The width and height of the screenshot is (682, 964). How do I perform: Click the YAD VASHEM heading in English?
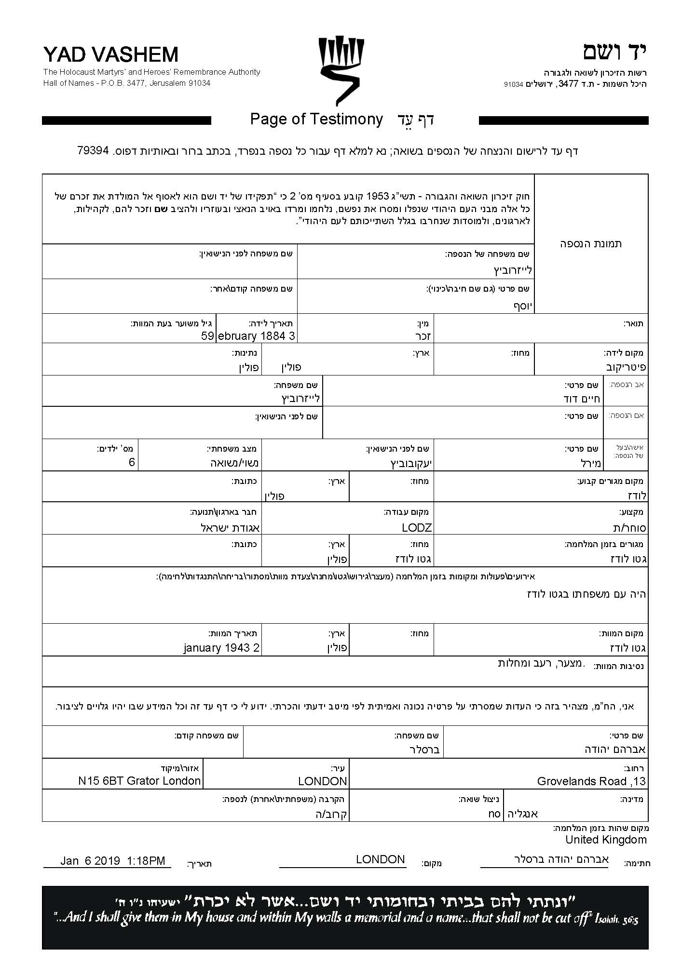coord(110,55)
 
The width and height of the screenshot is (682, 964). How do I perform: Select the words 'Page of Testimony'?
coord(316,119)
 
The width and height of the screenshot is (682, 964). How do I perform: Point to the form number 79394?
coord(93,150)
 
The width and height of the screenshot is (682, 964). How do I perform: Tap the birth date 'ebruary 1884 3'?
coord(257,336)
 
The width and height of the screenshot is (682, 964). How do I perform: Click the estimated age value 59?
coord(207,336)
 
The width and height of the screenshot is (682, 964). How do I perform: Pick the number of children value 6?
coord(132,463)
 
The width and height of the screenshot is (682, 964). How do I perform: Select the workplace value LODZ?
coord(417,528)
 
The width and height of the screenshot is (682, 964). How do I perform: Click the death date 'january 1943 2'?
coord(222,648)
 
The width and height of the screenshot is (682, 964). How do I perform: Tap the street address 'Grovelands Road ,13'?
coord(591,781)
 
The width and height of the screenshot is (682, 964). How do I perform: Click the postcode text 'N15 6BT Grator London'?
coord(139,781)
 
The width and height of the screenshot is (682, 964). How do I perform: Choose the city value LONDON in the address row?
coord(323,781)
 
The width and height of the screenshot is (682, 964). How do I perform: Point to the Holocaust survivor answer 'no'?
coord(494,814)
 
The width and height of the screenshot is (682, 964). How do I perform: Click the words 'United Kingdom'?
coord(606,840)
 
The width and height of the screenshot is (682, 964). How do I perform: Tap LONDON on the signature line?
coord(381,859)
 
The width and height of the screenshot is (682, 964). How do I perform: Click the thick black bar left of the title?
coord(126,120)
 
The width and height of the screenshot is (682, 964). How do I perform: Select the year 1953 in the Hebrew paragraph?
coord(377,197)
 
